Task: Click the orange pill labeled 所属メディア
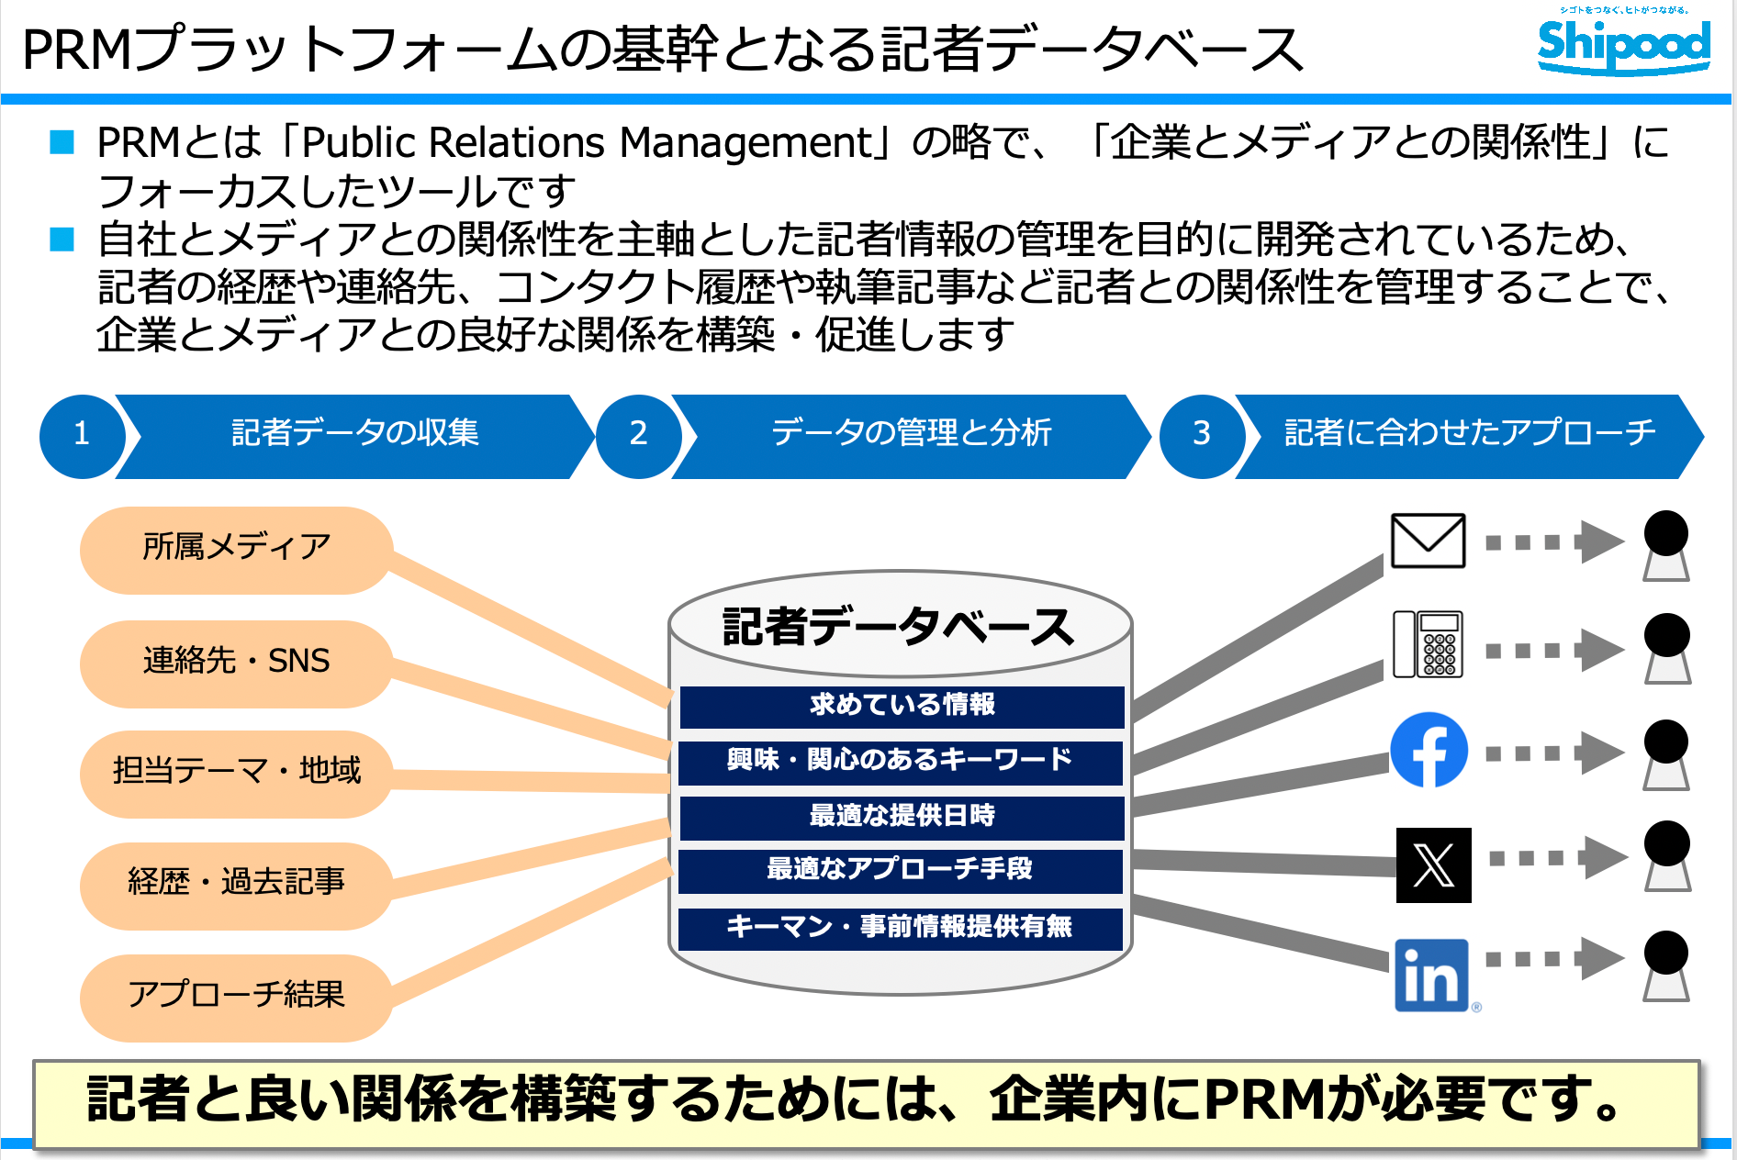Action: click(x=236, y=549)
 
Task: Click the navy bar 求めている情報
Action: click(x=902, y=706)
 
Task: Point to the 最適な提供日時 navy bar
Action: click(x=902, y=817)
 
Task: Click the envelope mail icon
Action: click(x=1428, y=541)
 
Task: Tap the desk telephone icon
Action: click(x=1428, y=644)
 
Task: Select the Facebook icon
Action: click(x=1429, y=750)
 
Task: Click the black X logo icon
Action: click(x=1433, y=864)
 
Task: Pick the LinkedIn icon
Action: click(x=1431, y=975)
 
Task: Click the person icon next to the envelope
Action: click(x=1665, y=545)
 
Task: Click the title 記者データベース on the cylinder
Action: click(x=898, y=627)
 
